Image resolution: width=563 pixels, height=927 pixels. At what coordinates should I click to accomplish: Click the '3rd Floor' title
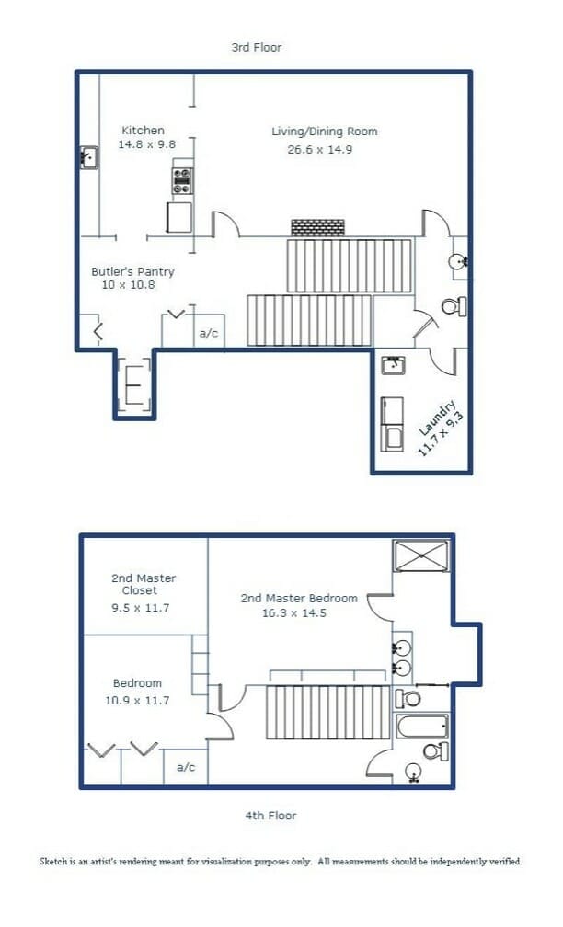(x=256, y=47)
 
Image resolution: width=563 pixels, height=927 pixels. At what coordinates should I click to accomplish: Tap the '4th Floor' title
(x=270, y=815)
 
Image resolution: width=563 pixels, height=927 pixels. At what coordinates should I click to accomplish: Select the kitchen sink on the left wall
(x=89, y=158)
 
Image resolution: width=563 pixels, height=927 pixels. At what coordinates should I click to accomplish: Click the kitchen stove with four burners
(x=182, y=181)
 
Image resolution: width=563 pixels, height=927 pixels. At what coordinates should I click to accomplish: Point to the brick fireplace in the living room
(x=317, y=228)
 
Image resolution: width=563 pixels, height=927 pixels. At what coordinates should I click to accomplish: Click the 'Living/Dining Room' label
(x=324, y=132)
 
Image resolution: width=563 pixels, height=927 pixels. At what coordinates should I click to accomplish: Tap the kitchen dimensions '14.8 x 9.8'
(x=146, y=144)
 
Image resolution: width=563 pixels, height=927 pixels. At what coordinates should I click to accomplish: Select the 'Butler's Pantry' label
(x=132, y=272)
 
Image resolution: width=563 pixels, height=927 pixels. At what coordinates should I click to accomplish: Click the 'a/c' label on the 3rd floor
(x=209, y=333)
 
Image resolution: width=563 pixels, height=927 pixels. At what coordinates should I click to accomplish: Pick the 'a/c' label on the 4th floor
(x=186, y=767)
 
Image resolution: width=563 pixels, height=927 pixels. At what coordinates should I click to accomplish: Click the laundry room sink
(x=394, y=365)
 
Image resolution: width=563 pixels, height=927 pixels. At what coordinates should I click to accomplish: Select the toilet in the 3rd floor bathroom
(x=454, y=306)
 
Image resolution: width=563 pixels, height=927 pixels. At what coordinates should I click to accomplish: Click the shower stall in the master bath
(x=421, y=555)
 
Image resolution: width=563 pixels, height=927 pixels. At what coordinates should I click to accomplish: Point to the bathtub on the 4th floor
(x=421, y=726)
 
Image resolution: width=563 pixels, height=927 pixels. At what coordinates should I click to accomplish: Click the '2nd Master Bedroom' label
(x=299, y=599)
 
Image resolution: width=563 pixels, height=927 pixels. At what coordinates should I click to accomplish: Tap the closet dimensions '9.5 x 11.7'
(x=140, y=607)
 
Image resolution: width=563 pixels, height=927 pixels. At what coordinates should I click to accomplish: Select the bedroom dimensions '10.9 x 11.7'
(x=137, y=701)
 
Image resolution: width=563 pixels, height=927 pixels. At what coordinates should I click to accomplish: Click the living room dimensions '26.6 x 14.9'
(x=319, y=150)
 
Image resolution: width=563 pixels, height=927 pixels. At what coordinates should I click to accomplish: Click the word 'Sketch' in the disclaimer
(x=53, y=862)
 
